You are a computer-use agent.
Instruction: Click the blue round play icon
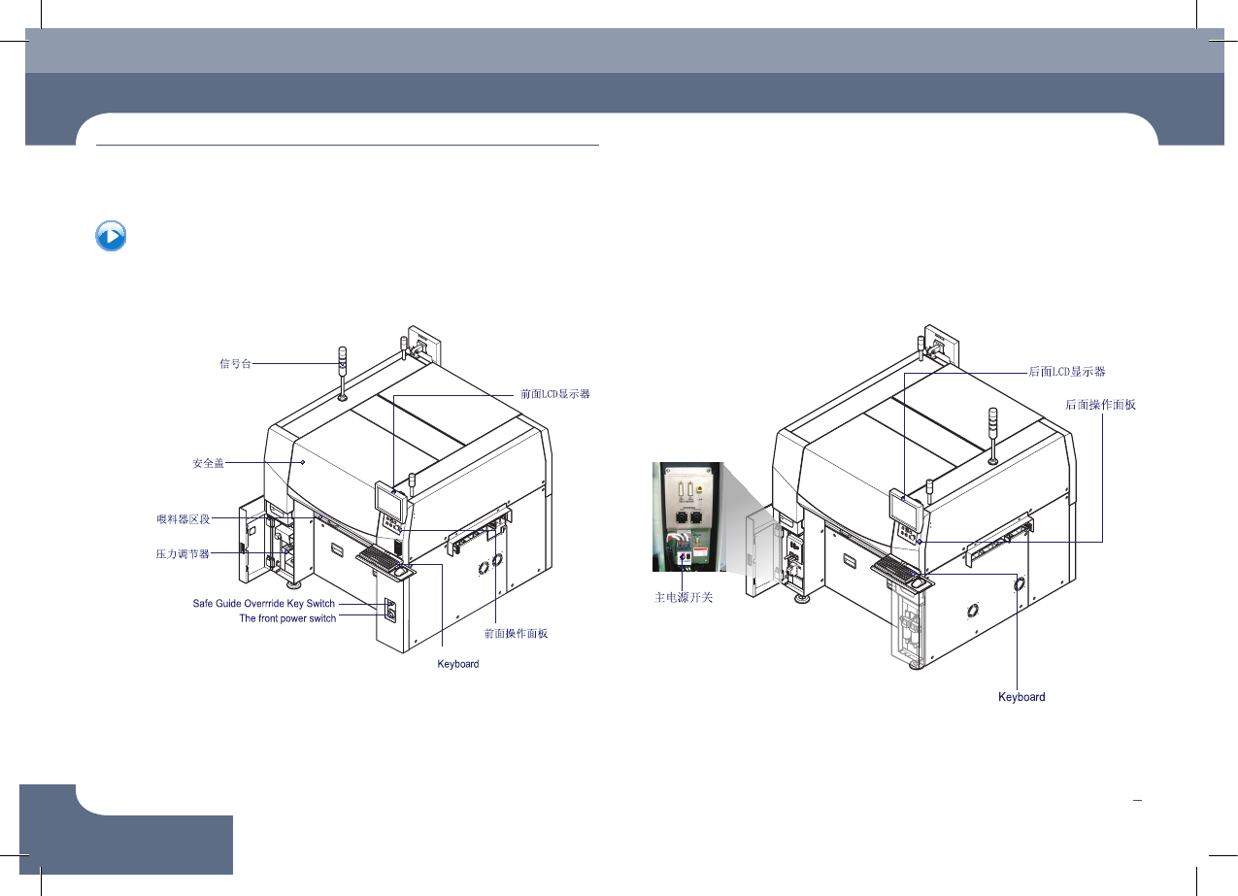click(x=111, y=236)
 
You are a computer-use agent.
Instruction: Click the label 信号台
click(x=235, y=363)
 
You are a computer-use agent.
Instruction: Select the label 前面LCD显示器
click(x=554, y=394)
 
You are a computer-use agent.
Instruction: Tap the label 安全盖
click(x=209, y=463)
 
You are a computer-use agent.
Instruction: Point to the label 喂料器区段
click(x=184, y=518)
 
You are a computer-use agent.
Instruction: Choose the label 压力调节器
click(x=183, y=553)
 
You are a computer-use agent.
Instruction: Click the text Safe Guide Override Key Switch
click(x=264, y=604)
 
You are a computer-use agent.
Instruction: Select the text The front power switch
click(x=287, y=618)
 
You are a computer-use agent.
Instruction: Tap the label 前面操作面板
click(x=516, y=634)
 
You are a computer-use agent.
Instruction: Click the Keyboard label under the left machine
click(x=458, y=664)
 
